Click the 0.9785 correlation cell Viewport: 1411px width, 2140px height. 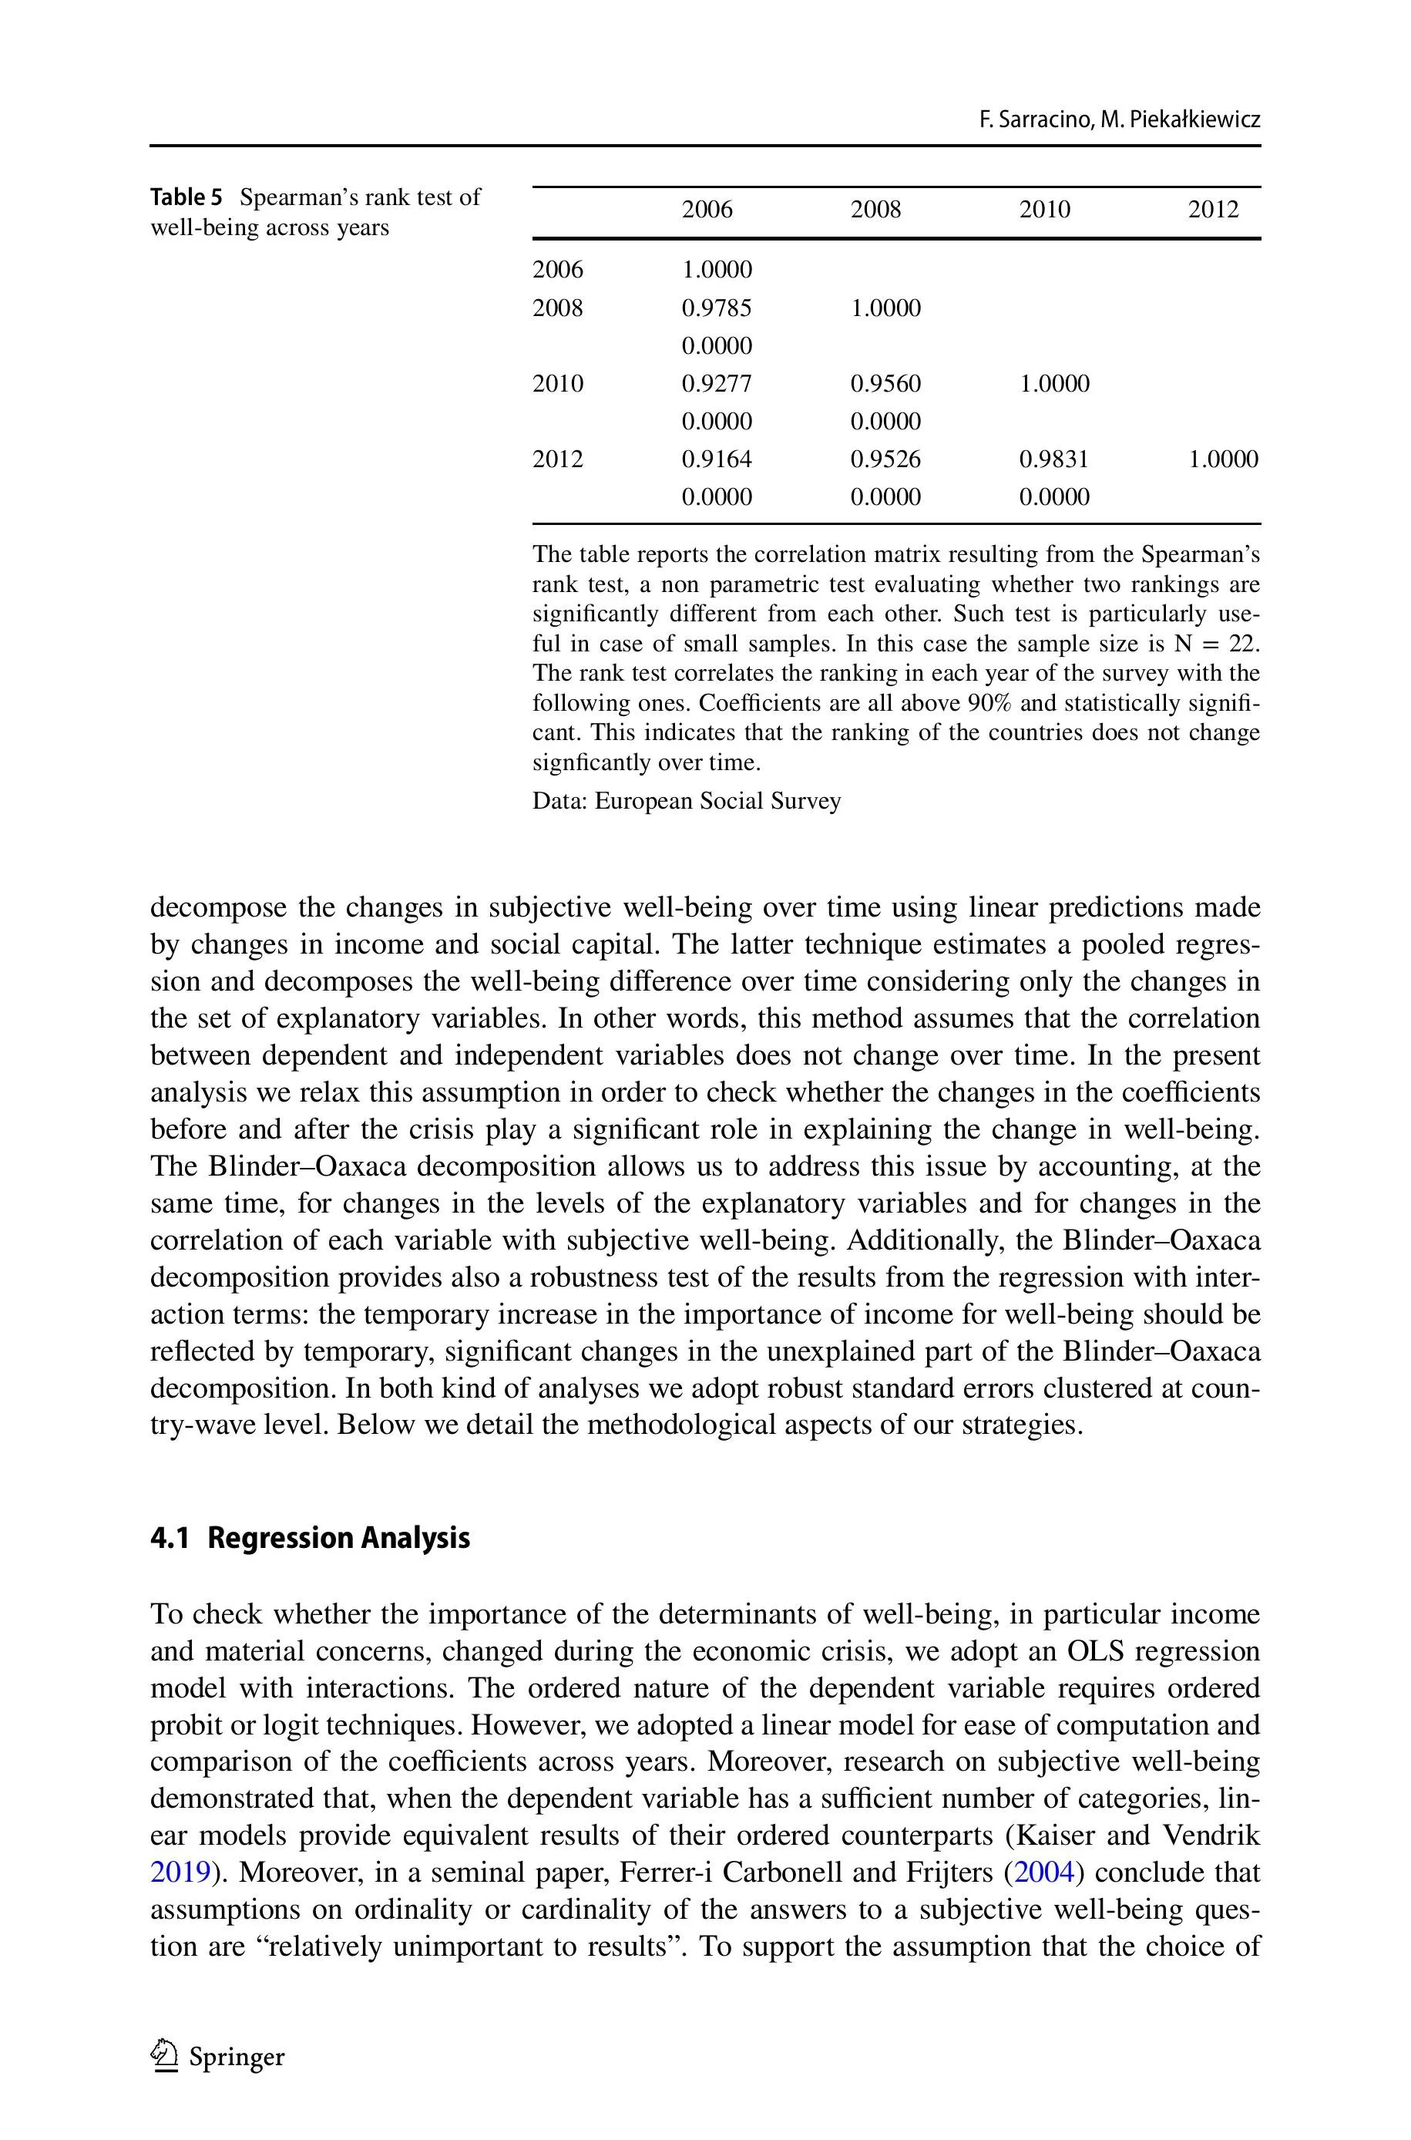[717, 308]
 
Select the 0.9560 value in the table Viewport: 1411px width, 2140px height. [885, 384]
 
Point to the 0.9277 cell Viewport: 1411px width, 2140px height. [717, 384]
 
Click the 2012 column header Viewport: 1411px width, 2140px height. [1213, 210]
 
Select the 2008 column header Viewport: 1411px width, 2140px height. [875, 210]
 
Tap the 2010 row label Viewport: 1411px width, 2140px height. [558, 384]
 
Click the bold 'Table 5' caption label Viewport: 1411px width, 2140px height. [186, 197]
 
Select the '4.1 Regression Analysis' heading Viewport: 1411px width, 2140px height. [310, 1537]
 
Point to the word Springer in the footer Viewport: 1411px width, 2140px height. [237, 2058]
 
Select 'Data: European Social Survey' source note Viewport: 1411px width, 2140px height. [687, 801]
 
